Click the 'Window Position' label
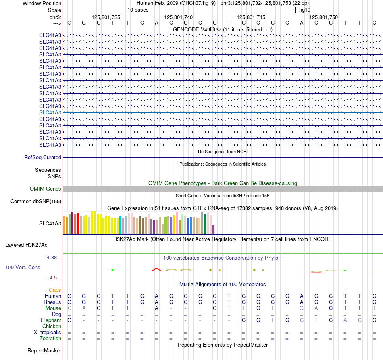[42, 3]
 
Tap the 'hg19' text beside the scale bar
[305, 10]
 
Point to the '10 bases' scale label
[138, 10]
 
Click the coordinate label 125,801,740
[179, 17]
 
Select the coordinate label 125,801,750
[324, 17]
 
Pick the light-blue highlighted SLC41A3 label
[50, 112]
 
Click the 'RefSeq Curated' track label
[43, 158]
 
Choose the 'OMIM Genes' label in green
[46, 189]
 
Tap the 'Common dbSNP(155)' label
[36, 202]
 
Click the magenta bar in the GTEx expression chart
[214, 229]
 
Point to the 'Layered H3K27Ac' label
[26, 245]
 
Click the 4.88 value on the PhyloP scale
[52, 258]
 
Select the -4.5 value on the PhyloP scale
[52, 278]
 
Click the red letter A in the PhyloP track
[156, 270]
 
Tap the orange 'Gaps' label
[55, 290]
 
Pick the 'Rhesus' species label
[52, 302]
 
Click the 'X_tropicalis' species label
[48, 333]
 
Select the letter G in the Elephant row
[69, 320]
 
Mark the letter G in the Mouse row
[302, 308]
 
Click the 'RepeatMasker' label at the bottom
[44, 350]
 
